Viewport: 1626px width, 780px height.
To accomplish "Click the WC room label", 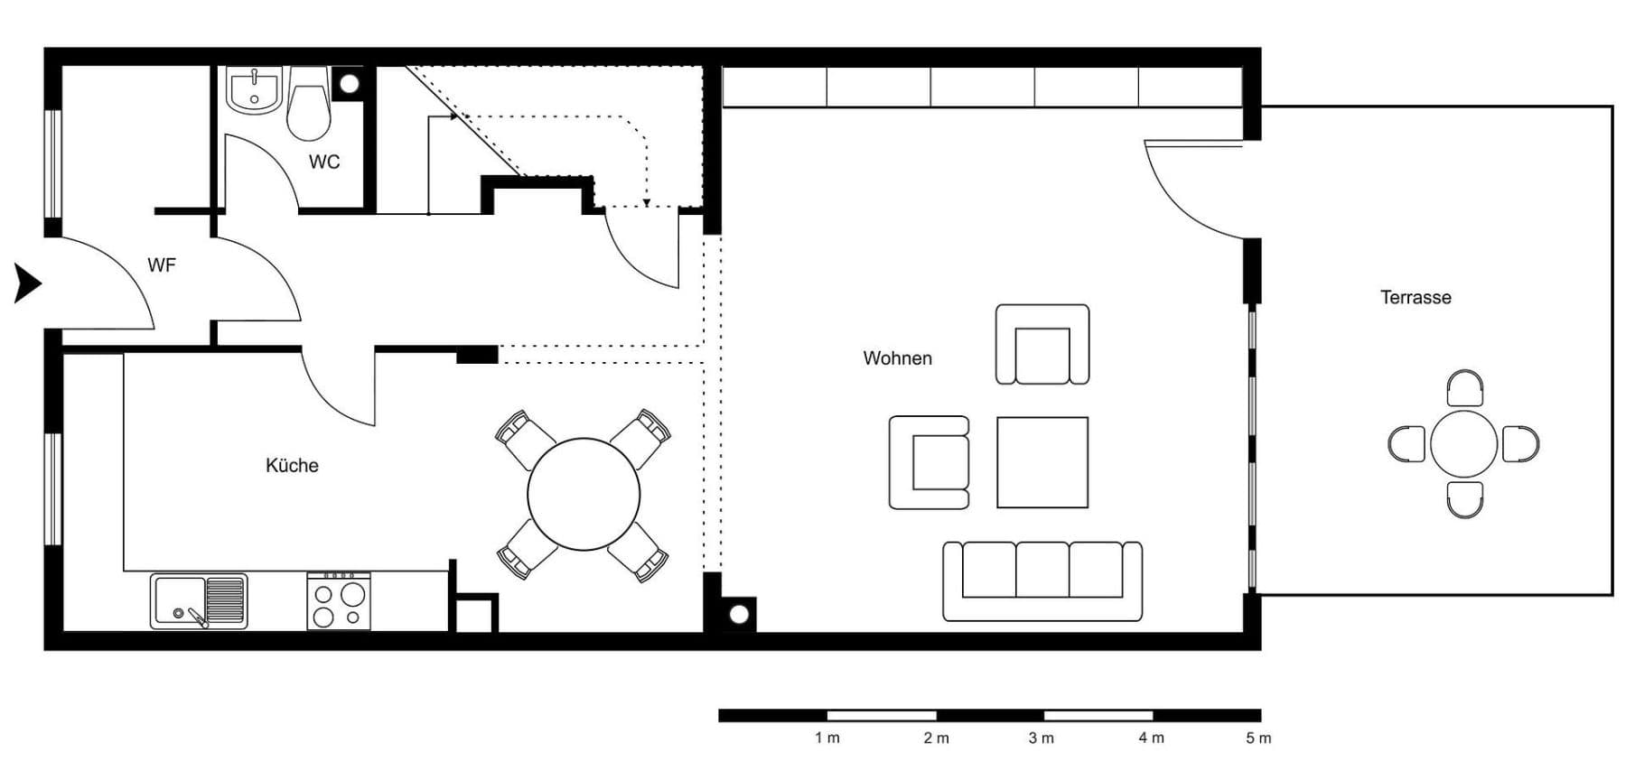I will [324, 162].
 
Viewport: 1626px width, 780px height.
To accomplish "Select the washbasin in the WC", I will [254, 91].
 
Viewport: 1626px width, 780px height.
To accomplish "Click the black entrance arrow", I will [27, 283].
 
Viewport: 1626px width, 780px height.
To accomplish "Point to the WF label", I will [162, 265].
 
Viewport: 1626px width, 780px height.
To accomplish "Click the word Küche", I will [292, 465].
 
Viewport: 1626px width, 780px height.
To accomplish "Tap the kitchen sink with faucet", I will [199, 601].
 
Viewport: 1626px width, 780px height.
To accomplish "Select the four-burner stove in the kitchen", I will [339, 601].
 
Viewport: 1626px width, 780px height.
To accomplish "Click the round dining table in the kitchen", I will [584, 494].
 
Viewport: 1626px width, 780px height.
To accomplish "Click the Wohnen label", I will [897, 357].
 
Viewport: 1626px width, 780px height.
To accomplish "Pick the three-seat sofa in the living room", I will [1042, 581].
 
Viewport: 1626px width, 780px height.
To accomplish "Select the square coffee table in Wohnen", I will [1042, 461].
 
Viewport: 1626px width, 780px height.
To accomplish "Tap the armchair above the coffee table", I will [1042, 345].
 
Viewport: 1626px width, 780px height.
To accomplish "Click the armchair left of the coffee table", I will [930, 461].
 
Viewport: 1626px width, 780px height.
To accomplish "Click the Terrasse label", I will [1416, 297].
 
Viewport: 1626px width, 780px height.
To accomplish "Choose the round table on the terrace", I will [1463, 443].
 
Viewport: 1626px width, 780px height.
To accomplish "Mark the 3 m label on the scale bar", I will [1041, 738].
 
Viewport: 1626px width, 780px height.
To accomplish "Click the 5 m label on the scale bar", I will [1258, 738].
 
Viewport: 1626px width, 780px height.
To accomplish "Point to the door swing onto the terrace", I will [1188, 190].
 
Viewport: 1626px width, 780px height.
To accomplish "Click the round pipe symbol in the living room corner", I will [739, 615].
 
